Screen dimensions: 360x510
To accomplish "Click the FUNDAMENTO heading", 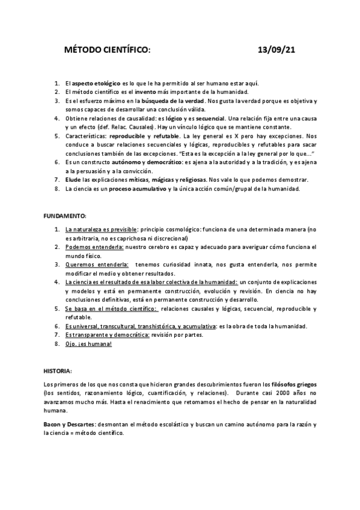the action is (x=65, y=215).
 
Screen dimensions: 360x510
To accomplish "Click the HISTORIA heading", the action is (x=58, y=370).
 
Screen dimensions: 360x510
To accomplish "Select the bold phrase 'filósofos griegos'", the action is (x=294, y=384).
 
